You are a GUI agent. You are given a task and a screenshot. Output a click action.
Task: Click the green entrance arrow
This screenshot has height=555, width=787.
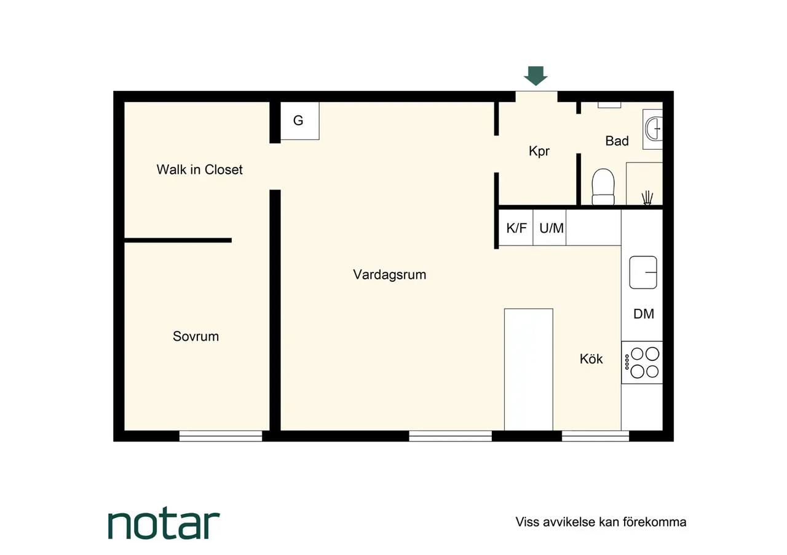[536, 76]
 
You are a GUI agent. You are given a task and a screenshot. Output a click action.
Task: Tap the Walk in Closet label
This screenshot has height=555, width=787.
[199, 170]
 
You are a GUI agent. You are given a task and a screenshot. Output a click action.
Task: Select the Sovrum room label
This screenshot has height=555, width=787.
[196, 336]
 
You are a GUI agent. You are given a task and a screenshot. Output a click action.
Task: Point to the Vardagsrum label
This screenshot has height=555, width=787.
[390, 274]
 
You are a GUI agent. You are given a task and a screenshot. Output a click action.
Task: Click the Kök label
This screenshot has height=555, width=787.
[591, 359]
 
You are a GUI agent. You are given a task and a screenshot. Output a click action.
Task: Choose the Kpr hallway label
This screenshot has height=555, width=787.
[539, 151]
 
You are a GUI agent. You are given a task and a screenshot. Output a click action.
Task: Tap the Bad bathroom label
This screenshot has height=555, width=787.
[617, 141]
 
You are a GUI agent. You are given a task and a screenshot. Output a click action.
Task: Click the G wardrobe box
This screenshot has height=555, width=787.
[299, 121]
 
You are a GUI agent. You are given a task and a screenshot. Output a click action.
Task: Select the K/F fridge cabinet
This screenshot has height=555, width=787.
[516, 228]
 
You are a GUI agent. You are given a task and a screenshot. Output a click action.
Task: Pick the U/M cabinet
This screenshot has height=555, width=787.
[550, 228]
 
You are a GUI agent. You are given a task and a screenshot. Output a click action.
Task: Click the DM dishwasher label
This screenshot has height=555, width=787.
[644, 314]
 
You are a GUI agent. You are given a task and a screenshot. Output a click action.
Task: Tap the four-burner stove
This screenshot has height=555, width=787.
[642, 362]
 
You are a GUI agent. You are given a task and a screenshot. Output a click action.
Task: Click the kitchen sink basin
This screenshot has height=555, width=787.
[643, 272]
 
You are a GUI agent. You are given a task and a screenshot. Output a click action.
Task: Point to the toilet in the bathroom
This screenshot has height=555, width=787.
[603, 187]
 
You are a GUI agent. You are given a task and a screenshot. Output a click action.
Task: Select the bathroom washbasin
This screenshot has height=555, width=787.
[653, 129]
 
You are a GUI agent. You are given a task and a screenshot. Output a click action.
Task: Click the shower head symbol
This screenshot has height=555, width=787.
[647, 198]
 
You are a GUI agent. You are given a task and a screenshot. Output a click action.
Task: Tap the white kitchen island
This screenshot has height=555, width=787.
[528, 370]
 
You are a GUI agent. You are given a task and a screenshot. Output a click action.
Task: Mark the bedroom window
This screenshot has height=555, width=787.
[221, 436]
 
